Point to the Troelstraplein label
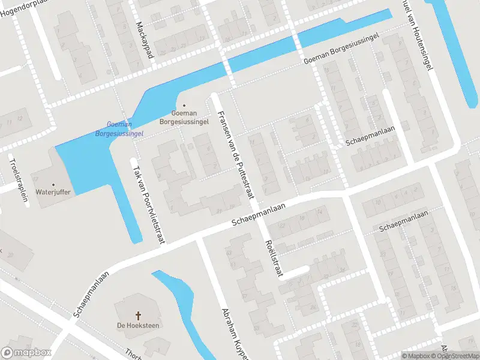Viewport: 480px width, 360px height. coord(18,179)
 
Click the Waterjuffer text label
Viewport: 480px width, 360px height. coord(53,192)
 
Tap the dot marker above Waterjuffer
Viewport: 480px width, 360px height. coord(53,184)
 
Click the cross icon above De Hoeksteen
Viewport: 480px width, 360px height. coord(138,314)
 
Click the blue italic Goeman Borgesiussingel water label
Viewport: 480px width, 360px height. coord(119,128)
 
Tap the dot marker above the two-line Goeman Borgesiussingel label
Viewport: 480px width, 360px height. coord(184,105)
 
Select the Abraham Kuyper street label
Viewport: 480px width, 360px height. coord(227,331)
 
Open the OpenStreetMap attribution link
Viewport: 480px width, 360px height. coord(460,356)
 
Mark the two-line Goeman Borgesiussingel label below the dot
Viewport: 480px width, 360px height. coord(184,117)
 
